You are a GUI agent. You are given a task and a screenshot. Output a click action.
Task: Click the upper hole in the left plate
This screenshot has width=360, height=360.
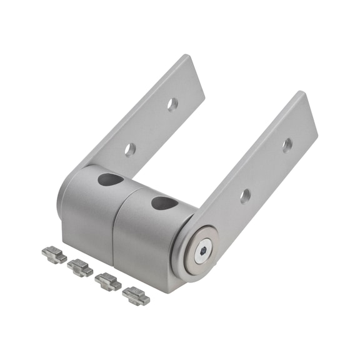172,104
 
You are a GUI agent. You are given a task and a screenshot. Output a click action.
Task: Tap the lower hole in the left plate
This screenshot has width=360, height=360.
130,149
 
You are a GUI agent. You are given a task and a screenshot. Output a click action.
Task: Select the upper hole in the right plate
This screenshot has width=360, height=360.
287,145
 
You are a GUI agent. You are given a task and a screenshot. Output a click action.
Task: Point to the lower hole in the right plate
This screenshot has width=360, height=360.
245,196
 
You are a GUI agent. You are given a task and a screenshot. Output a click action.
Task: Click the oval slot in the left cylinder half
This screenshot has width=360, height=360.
110,180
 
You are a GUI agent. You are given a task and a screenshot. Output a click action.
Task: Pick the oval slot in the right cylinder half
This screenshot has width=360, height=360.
164,203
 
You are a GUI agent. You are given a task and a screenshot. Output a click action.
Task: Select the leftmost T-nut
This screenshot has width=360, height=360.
54,255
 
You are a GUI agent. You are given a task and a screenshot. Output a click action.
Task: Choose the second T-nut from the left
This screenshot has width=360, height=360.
80,267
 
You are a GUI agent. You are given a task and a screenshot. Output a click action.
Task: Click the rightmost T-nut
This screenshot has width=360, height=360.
136,295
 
